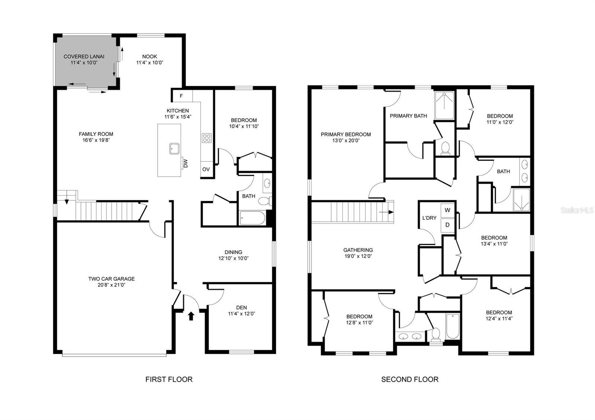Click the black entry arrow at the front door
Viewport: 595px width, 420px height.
(191, 316)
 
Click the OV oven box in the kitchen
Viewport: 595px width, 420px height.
(206, 169)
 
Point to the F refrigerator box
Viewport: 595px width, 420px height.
(181, 96)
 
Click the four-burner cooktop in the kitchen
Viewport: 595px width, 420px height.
(206, 138)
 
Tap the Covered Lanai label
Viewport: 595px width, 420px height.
(84, 56)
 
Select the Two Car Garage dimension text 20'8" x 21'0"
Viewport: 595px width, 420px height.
(111, 285)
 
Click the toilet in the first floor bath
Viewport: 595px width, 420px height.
(264, 201)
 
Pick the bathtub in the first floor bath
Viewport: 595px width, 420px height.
(252, 218)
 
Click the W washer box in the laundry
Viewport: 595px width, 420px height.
(447, 210)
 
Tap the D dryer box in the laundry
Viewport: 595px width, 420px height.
(447, 225)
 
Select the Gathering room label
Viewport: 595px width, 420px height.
(358, 250)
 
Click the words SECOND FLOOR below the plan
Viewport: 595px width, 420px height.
(409, 379)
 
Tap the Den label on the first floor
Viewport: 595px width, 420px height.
(241, 307)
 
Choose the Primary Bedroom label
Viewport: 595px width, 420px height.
(345, 135)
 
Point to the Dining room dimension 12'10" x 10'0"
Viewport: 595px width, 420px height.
(233, 258)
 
